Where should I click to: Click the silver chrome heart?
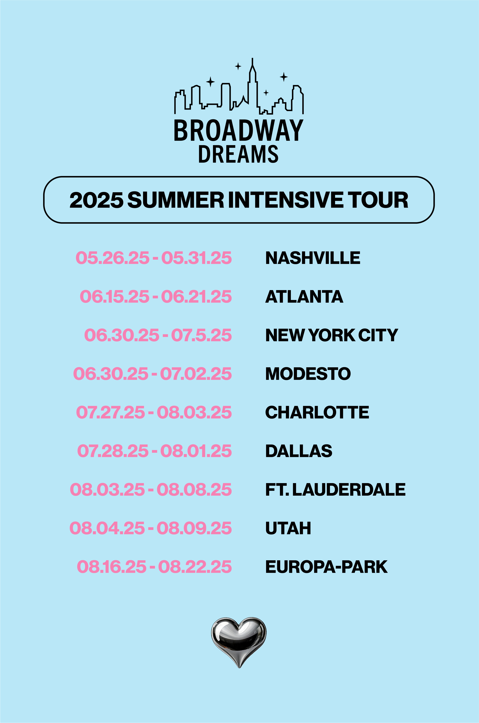coord(239,642)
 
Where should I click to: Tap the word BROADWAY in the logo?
coord(239,131)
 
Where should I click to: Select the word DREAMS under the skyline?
coord(239,154)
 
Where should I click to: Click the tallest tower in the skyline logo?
coord(252,82)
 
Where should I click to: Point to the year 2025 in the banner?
coord(97,200)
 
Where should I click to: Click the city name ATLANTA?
coord(304,296)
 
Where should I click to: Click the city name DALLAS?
coord(299,451)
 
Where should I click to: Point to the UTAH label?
coord(288,528)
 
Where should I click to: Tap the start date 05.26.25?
coord(112,258)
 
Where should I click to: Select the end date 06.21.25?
coord(196,296)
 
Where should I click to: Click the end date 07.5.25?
coord(201,335)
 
